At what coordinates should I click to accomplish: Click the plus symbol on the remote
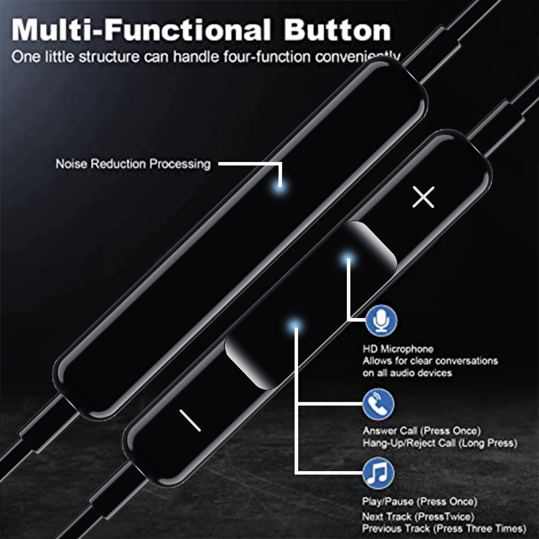pyautogui.click(x=423, y=197)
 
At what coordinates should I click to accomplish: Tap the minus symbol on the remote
pyautogui.click(x=190, y=420)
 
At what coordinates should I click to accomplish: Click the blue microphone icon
pyautogui.click(x=381, y=320)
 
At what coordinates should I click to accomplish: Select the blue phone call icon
pyautogui.click(x=378, y=404)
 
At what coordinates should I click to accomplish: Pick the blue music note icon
pyautogui.click(x=378, y=474)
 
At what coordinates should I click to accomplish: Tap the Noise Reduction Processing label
pyautogui.click(x=133, y=164)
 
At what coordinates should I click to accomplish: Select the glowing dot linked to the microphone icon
pyautogui.click(x=348, y=260)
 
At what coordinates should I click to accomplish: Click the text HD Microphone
pyautogui.click(x=398, y=349)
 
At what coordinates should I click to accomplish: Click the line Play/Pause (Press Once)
pyautogui.click(x=420, y=502)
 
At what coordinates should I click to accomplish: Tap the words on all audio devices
pyautogui.click(x=407, y=373)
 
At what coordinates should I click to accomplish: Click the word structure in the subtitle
pyautogui.click(x=109, y=57)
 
